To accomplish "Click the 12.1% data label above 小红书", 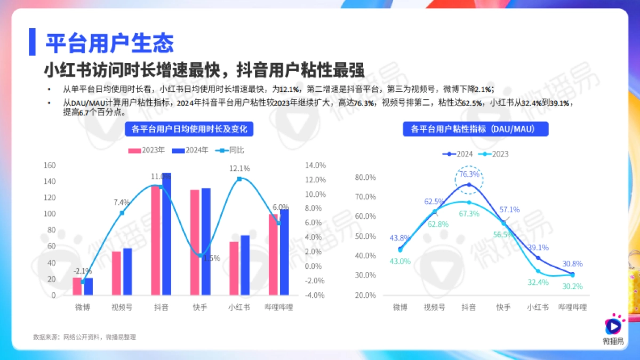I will coord(239,169).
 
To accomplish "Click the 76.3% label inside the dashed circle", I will coord(469,174).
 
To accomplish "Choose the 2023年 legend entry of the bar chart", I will coord(147,150).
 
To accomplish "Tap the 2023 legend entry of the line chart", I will coord(494,154).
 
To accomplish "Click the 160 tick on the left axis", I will coord(49,165).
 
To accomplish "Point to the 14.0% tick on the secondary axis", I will coord(315,165).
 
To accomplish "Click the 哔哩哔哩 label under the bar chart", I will coord(279,308).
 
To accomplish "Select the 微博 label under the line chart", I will coord(400,308).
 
